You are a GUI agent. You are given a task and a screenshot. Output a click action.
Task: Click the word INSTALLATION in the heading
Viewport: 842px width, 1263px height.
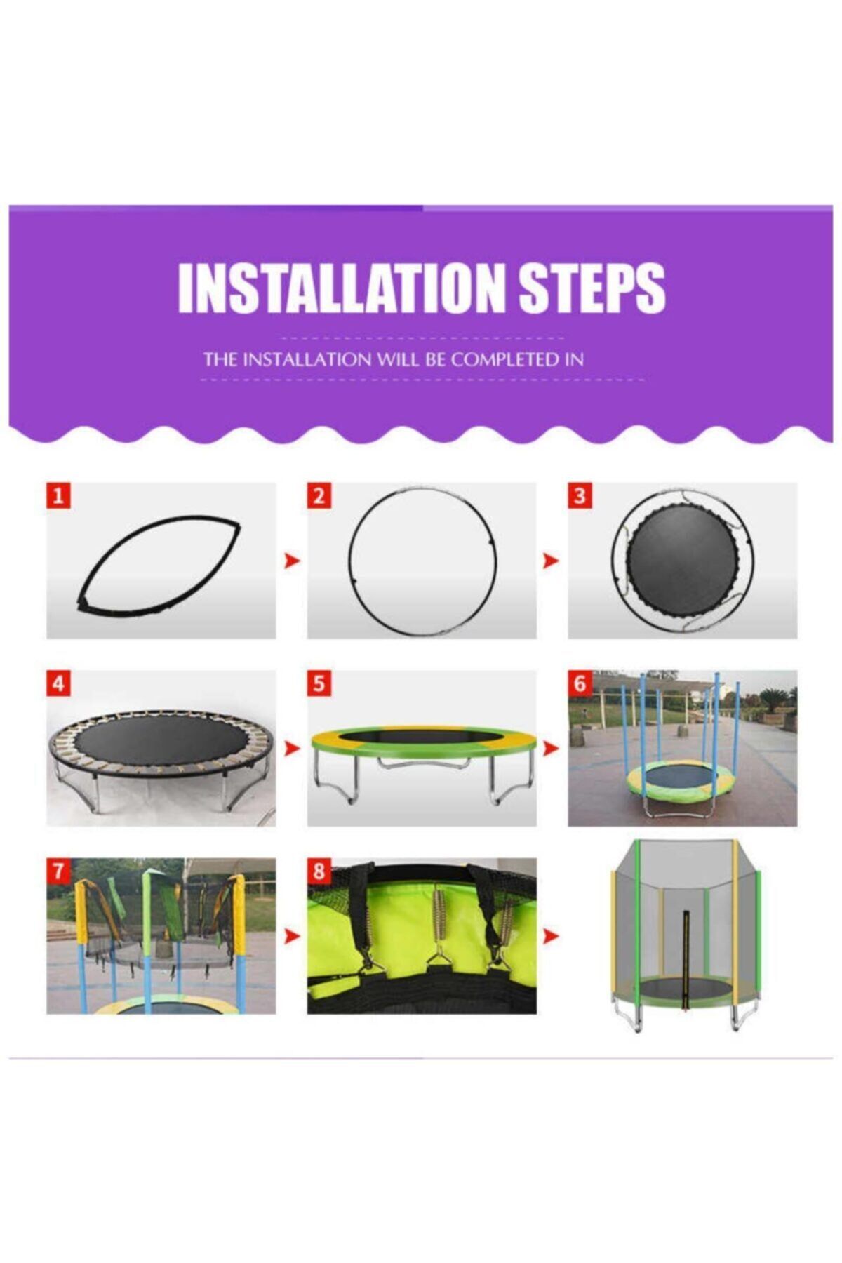pyautogui.click(x=342, y=288)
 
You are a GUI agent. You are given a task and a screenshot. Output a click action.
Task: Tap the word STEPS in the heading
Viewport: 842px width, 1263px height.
pyautogui.click(x=592, y=288)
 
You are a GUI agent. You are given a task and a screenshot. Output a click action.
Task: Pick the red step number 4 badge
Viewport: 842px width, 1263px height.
pyautogui.click(x=58, y=683)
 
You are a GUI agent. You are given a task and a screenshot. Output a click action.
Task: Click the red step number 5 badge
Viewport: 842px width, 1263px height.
pyautogui.click(x=319, y=683)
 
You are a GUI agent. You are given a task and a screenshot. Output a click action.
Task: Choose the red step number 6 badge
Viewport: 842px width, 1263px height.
pyautogui.click(x=580, y=683)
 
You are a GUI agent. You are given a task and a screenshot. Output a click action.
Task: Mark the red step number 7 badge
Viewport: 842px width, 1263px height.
pyautogui.click(x=58, y=871)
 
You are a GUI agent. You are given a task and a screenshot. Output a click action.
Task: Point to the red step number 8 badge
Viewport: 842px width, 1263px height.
pyautogui.click(x=319, y=871)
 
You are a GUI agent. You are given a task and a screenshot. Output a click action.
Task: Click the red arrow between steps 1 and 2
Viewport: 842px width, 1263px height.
pyautogui.click(x=292, y=561)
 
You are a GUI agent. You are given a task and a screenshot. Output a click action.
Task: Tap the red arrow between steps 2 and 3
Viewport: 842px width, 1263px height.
pyautogui.click(x=552, y=561)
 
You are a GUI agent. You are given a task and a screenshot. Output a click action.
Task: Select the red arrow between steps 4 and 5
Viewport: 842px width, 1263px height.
pyautogui.click(x=292, y=749)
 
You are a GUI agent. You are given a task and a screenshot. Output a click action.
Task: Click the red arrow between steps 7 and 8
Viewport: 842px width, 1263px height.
pyautogui.click(x=292, y=936)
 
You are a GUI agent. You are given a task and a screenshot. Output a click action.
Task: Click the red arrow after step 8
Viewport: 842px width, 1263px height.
pyautogui.click(x=552, y=936)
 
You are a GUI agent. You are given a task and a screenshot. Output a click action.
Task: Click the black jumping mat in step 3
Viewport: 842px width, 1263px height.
pyautogui.click(x=683, y=561)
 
